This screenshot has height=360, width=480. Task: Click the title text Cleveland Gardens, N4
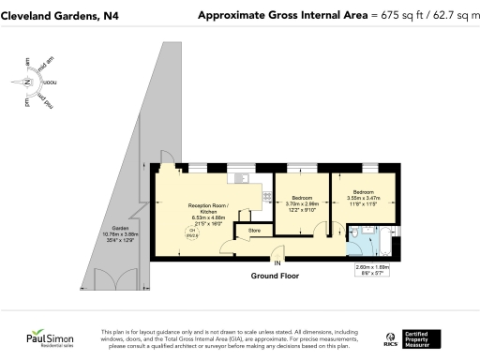click(59, 16)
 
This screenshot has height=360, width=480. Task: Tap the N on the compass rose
click(29, 82)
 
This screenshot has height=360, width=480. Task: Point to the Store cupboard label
click(253, 230)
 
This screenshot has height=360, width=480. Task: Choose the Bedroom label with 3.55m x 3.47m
click(363, 197)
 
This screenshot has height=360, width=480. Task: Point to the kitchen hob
click(240, 177)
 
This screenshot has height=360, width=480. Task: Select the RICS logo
click(392, 337)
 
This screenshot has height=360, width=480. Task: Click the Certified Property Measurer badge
click(431, 337)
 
